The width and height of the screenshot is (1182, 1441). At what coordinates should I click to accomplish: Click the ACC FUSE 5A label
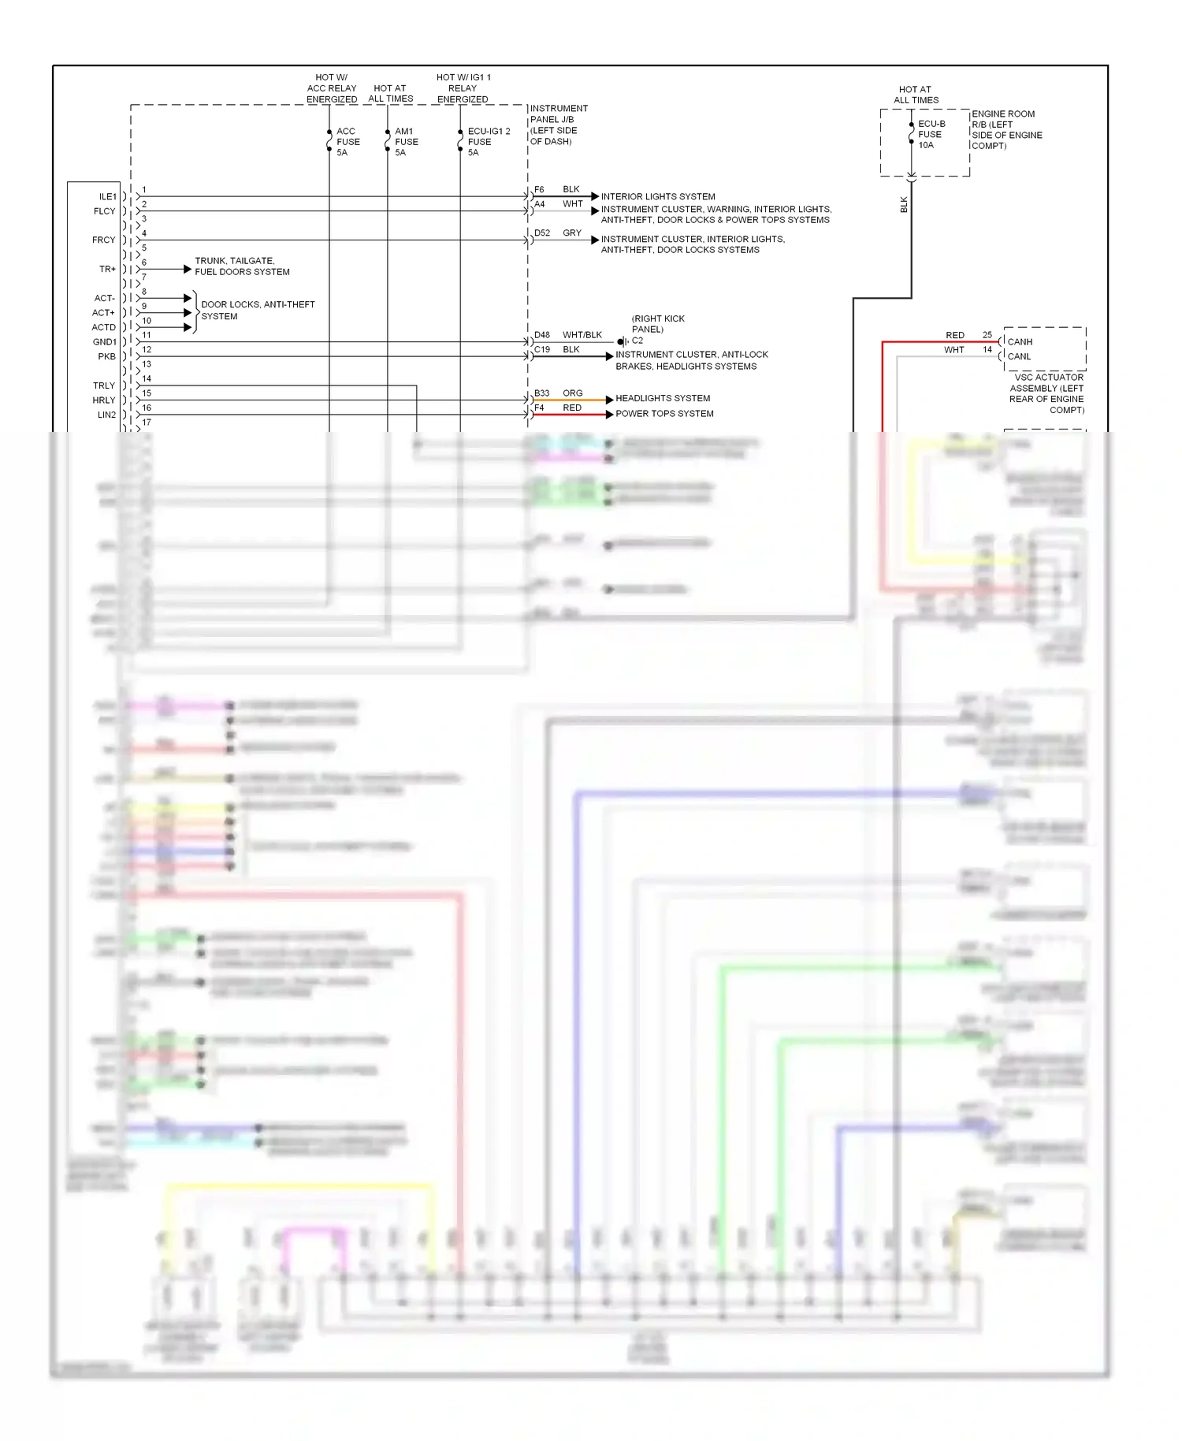point(348,142)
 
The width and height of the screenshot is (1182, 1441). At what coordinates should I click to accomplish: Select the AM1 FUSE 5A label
point(406,142)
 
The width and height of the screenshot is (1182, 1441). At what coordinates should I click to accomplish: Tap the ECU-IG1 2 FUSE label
point(489,142)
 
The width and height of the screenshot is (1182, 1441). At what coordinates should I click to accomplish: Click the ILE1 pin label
point(107,196)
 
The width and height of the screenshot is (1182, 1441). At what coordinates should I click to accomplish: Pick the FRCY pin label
point(103,240)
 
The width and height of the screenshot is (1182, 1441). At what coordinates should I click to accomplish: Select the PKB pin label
point(106,356)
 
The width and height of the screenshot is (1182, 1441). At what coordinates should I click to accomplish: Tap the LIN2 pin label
point(106,415)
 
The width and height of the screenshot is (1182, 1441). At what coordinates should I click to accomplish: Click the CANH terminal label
point(1020,341)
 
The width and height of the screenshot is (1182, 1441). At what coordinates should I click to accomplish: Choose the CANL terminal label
point(1019,356)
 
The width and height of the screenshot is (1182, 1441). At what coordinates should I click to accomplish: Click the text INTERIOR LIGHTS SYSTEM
point(658,196)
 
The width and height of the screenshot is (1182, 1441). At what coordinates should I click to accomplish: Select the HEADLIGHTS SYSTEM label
point(663,398)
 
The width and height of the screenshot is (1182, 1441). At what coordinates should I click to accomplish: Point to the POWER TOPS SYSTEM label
point(664,413)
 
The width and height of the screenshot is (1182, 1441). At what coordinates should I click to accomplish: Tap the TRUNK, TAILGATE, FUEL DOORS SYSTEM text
point(242,266)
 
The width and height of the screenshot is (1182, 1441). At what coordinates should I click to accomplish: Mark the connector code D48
point(542,335)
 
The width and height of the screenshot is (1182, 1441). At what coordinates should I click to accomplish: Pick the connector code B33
point(542,393)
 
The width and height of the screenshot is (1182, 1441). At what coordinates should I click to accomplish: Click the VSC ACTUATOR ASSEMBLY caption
point(1046,393)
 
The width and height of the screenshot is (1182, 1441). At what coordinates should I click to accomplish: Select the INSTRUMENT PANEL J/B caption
point(558,125)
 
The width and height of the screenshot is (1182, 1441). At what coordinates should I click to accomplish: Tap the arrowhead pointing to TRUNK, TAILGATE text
point(188,269)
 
